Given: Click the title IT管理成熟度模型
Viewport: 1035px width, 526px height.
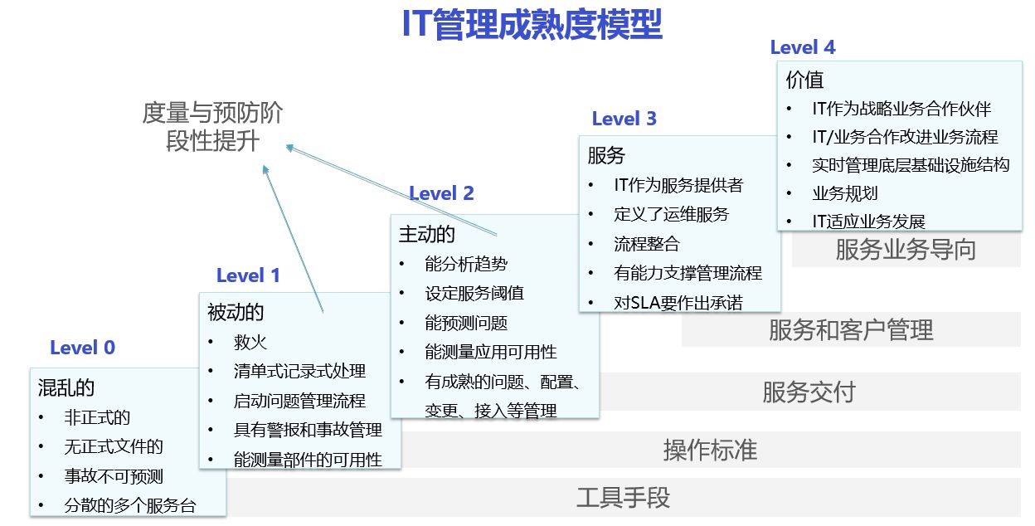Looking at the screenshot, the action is point(532,23).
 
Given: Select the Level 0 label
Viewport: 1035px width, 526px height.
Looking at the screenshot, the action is point(82,348).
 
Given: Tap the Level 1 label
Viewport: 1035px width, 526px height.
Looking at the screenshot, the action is point(248,275).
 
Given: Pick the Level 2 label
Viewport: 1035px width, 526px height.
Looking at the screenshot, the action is point(441,193).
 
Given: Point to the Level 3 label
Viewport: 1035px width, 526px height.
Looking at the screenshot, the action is point(624,119).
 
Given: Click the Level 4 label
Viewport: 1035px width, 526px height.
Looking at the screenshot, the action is point(802,47).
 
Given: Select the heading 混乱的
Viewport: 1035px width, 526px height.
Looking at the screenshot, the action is point(66,387).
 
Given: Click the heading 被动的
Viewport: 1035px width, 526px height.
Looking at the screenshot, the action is point(236,312).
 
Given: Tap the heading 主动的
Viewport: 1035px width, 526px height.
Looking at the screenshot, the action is point(427,234).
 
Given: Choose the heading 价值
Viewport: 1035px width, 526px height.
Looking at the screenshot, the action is point(804,80).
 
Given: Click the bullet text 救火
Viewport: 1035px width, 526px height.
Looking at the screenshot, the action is point(250,342).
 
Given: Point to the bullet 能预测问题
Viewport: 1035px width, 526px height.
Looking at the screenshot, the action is point(465,323).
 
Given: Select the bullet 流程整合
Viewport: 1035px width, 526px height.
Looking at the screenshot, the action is point(646,244).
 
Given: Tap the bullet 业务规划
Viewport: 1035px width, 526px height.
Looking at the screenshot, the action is point(844,193).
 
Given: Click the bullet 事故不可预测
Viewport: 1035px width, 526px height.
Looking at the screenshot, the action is point(114,476).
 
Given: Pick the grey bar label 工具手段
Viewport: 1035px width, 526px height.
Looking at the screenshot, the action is point(623,498).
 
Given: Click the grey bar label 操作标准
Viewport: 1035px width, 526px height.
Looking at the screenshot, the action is point(710,450).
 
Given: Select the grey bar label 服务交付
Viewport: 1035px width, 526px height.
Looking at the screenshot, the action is point(809,392).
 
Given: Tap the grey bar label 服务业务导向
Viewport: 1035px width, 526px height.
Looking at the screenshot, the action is point(906,250).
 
